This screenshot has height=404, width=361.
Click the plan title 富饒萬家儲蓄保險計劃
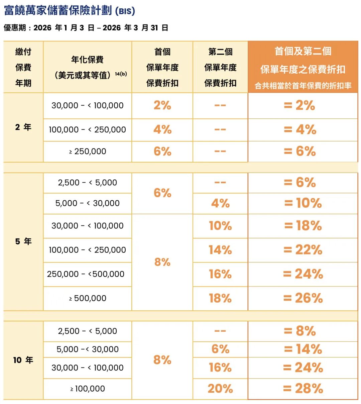pos(57,11)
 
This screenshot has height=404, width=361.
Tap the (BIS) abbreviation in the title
pos(125,11)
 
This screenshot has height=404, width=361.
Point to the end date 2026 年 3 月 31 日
pos(135,28)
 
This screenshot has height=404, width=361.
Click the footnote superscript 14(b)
pos(121,74)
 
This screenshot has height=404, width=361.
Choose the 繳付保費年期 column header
pos(23,67)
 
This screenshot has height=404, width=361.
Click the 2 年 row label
pos(23,127)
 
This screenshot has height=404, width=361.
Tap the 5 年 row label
pos(23,241)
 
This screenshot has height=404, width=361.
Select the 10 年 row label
pos(23,360)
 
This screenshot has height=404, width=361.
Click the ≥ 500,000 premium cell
pos(88,298)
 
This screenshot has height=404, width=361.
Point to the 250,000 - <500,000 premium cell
pos(86,274)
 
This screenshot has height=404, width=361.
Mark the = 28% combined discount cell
pos(303,389)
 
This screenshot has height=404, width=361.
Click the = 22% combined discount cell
pos(303,250)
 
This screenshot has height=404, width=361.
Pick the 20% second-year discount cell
pos(220,389)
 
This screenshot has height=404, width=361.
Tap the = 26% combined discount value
pos(303,298)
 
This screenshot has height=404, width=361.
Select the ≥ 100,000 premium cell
pos(88,389)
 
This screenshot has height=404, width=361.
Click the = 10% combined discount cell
pos(303,203)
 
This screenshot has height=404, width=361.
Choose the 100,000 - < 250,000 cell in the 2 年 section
pos(88,130)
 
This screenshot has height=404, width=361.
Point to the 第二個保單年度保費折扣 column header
pos(220,67)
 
